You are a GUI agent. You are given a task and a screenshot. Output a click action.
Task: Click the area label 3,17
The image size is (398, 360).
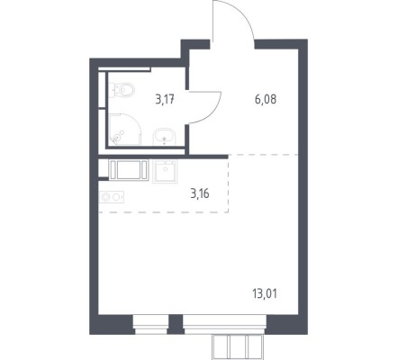(165, 99)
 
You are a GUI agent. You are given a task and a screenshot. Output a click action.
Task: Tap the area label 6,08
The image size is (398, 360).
(266, 99)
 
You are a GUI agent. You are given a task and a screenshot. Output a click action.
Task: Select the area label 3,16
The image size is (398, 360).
(200, 193)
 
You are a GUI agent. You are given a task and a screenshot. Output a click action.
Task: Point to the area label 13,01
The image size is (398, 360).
(265, 293)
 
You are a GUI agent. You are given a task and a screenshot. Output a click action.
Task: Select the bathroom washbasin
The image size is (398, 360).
(164, 137)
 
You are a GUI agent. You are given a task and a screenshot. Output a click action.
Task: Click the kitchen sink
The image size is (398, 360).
(165, 171)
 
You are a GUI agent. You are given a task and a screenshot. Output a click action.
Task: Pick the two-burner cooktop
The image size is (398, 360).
(112, 197)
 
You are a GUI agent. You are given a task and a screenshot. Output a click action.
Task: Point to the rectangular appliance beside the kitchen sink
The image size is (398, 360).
(129, 170)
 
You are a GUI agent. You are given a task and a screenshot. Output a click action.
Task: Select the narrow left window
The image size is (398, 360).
(150, 325)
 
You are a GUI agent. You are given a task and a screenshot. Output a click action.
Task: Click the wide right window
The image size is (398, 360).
(224, 325)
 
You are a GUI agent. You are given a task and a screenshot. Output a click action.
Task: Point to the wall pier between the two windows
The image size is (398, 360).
(176, 325)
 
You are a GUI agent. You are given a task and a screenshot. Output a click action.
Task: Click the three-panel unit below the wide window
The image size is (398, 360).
(237, 346)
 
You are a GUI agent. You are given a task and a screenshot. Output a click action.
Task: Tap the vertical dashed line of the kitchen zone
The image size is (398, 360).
(229, 184)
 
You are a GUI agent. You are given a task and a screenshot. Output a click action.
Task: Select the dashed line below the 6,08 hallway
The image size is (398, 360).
(263, 155)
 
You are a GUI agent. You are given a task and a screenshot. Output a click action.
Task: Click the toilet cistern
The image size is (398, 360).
(112, 90)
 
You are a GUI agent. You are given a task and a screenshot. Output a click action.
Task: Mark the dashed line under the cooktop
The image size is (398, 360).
(164, 212)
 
